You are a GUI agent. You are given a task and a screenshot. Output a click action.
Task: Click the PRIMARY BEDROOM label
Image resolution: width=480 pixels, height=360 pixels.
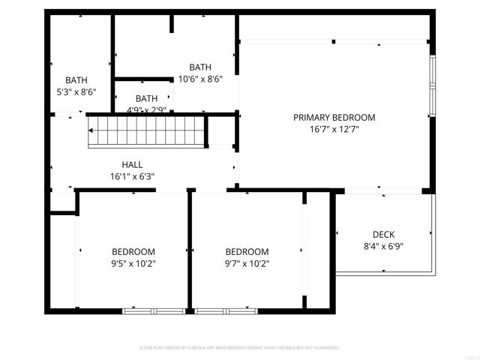pyautogui.click(x=334, y=118)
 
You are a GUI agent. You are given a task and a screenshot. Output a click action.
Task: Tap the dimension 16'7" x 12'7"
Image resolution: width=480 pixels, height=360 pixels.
pyautogui.click(x=334, y=130)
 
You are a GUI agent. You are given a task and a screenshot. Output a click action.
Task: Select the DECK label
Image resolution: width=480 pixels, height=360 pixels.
pyautogui.click(x=383, y=235)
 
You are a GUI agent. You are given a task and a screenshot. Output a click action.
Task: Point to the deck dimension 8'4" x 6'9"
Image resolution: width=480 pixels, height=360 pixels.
pyautogui.click(x=383, y=246)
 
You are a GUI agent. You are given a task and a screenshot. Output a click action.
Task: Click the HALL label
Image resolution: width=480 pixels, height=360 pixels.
pyautogui.click(x=132, y=165)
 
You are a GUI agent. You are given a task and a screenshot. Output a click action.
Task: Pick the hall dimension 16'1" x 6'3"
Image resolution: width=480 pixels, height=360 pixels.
pyautogui.click(x=132, y=177)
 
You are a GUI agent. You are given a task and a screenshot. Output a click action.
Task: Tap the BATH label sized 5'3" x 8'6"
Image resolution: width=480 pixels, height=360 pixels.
pyautogui.click(x=76, y=80)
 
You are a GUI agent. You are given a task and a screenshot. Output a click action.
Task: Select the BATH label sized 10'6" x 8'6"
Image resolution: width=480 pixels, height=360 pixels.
pyautogui.click(x=200, y=67)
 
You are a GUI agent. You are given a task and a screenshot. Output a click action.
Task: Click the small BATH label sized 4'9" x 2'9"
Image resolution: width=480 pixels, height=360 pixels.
pyautogui.click(x=146, y=98)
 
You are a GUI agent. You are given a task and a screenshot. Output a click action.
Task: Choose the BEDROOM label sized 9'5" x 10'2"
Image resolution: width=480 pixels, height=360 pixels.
pyautogui.click(x=133, y=252)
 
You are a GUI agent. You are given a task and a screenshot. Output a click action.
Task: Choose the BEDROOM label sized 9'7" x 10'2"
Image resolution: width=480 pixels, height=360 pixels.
pyautogui.click(x=247, y=252)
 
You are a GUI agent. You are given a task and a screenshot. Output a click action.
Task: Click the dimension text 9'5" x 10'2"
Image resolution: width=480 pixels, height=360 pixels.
pyautogui.click(x=133, y=263)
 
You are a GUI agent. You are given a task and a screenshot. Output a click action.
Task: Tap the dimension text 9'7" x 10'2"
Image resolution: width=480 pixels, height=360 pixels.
pyautogui.click(x=247, y=263)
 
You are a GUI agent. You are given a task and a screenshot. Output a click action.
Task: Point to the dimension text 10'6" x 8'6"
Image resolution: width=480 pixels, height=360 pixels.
pyautogui.click(x=200, y=79)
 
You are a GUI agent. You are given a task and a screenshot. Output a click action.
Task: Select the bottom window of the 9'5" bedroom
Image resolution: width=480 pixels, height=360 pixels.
pyautogui.click(x=154, y=310)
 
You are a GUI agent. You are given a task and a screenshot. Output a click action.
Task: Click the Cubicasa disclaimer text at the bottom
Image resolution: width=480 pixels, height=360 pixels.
pyautogui.click(x=240, y=348)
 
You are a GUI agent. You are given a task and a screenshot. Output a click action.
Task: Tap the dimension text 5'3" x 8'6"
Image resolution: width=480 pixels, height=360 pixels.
pyautogui.click(x=76, y=91)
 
